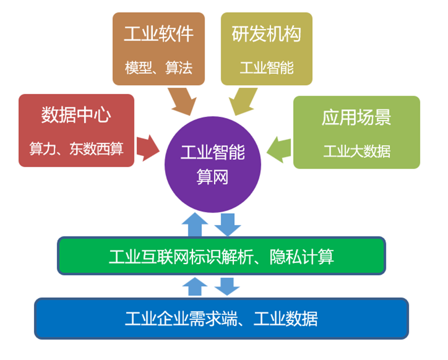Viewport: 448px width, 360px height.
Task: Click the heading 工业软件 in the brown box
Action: pyautogui.click(x=159, y=34)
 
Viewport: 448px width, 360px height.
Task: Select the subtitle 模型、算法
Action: pyautogui.click(x=159, y=68)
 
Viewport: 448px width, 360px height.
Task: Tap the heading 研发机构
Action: pyautogui.click(x=266, y=34)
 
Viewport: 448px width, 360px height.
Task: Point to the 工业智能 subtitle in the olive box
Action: pyautogui.click(x=266, y=68)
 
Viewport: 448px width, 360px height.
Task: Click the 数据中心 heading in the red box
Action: pyautogui.click(x=76, y=116)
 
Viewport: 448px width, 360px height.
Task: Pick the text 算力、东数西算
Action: pyautogui.click(x=76, y=149)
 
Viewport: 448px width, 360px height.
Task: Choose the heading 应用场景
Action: pyautogui.click(x=356, y=117)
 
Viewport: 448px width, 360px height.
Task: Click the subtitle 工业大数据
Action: pyautogui.click(x=356, y=151)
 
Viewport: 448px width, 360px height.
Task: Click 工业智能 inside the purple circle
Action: pyautogui.click(x=212, y=154)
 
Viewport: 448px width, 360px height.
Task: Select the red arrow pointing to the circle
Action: pyautogui.click(x=148, y=147)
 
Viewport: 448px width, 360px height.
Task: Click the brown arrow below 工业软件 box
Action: pyautogui.click(x=182, y=101)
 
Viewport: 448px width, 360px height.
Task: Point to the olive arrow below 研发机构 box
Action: pyautogui.click(x=243, y=101)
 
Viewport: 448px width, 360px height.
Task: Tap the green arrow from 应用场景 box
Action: pyautogui.click(x=279, y=149)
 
